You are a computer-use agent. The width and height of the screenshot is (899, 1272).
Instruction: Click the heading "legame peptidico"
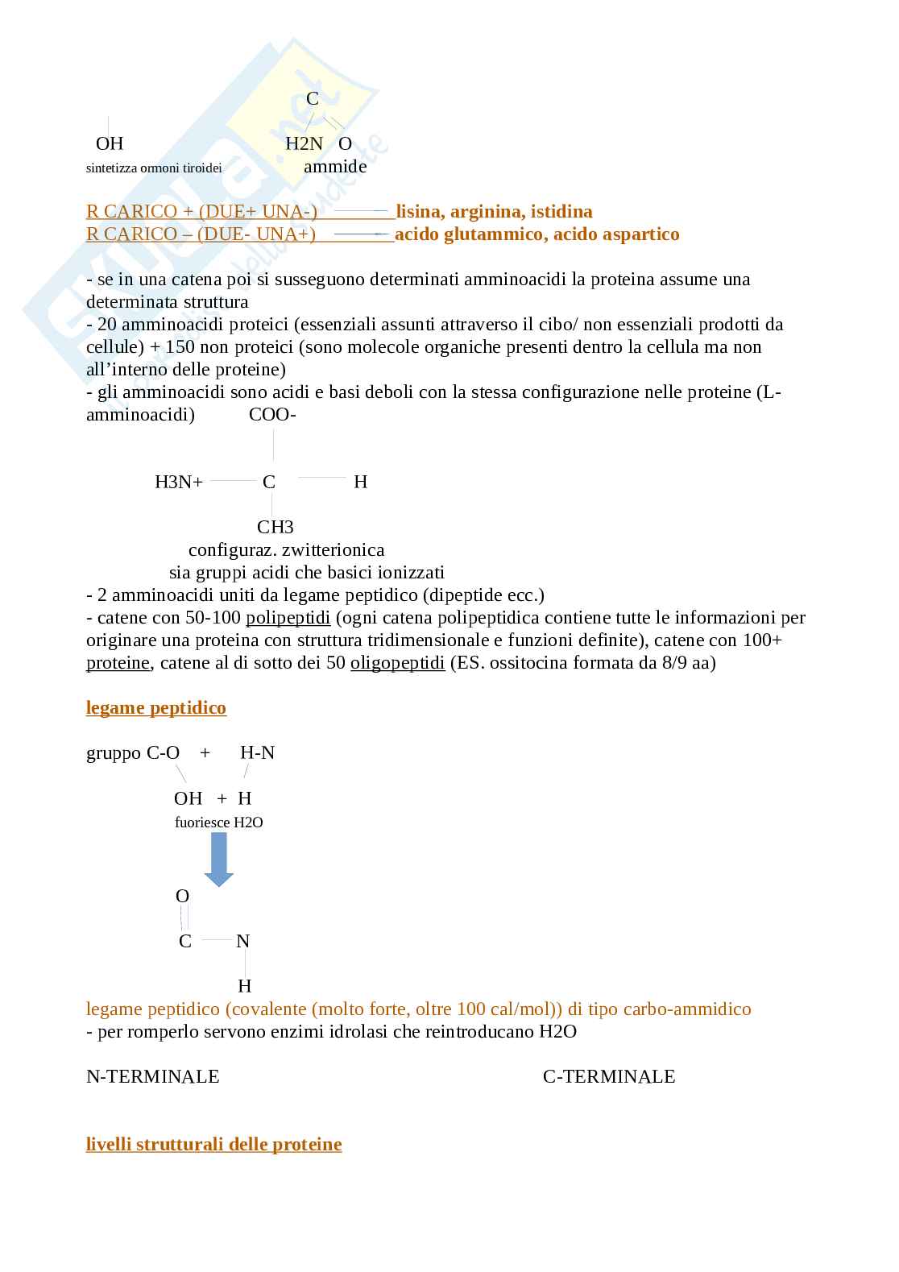click(x=156, y=708)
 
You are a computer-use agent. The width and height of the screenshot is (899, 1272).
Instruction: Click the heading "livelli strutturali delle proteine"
click(x=213, y=1145)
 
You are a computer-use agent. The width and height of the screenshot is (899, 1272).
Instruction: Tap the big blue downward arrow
click(x=218, y=860)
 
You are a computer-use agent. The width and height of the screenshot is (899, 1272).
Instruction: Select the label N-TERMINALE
click(x=152, y=1077)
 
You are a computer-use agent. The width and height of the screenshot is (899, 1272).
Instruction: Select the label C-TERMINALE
click(x=609, y=1077)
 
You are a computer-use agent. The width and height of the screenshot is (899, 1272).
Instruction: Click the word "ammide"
click(x=335, y=167)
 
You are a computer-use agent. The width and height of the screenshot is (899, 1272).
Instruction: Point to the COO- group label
click(x=272, y=416)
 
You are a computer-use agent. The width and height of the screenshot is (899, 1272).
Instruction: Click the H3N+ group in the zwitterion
click(x=179, y=483)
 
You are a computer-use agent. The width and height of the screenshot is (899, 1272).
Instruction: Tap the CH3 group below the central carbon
click(x=275, y=528)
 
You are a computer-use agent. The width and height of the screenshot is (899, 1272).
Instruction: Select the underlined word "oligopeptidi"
click(x=397, y=664)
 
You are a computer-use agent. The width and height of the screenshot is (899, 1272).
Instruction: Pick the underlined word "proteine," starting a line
click(x=118, y=664)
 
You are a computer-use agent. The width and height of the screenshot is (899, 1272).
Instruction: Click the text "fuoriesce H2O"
click(x=218, y=822)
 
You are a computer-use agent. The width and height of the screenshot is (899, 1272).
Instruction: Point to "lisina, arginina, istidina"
click(x=494, y=212)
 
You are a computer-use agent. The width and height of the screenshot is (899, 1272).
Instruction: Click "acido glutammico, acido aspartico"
click(x=536, y=234)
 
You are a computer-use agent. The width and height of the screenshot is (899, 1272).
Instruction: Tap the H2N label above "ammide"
click(x=304, y=144)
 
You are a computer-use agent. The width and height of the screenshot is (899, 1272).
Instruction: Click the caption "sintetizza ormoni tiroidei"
click(x=154, y=168)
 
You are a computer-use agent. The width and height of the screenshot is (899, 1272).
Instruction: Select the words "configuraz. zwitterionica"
click(x=286, y=550)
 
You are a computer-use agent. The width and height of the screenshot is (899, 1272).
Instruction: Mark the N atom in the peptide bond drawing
click(x=242, y=941)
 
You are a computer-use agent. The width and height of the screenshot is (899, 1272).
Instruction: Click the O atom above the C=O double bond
click(x=183, y=897)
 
